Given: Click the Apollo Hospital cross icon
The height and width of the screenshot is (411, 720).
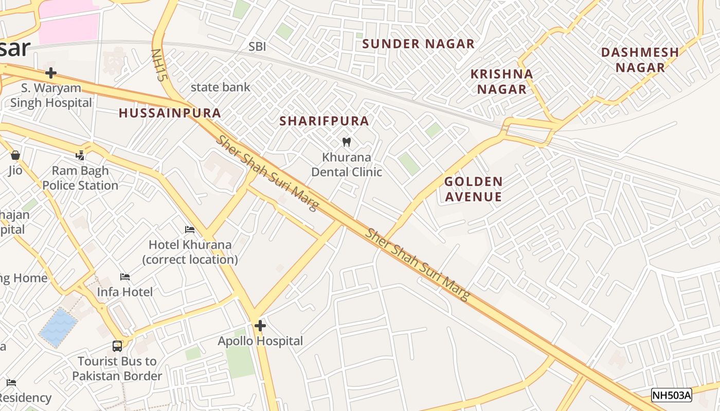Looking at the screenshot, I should tap(260, 325).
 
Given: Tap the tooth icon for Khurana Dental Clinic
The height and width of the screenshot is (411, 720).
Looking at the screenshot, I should tap(347, 142).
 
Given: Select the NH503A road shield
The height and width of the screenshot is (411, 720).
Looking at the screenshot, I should tap(671, 395).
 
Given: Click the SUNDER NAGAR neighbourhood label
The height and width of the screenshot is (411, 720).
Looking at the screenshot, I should tap(418, 44).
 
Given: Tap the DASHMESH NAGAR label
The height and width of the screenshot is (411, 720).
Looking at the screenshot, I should tap(640, 60).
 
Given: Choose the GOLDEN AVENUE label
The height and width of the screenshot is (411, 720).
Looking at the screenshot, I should tap(473, 189).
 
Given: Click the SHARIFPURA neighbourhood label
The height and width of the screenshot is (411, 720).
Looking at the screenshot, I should tap(324, 121).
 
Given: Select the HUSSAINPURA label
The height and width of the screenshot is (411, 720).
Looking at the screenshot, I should tap(170, 114).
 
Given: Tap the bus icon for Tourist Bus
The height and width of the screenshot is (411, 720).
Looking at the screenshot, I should tap(117, 346).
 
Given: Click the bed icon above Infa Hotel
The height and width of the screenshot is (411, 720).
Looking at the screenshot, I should tap(125, 277).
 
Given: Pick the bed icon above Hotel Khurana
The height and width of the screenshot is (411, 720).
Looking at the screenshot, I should tap(190, 230).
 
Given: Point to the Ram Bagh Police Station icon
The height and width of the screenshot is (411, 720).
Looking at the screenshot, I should tap(80, 155).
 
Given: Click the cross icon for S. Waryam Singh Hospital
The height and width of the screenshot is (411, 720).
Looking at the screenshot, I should tap(50, 73).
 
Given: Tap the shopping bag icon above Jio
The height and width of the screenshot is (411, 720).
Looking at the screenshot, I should tap(15, 155).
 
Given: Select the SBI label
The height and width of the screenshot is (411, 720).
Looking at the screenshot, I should tap(257, 47).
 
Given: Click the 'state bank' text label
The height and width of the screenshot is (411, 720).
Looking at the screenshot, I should tap(220, 87).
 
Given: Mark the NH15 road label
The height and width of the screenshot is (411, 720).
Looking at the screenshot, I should tap(159, 65).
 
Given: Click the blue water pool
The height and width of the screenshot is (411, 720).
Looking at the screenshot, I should tap(59, 327).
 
